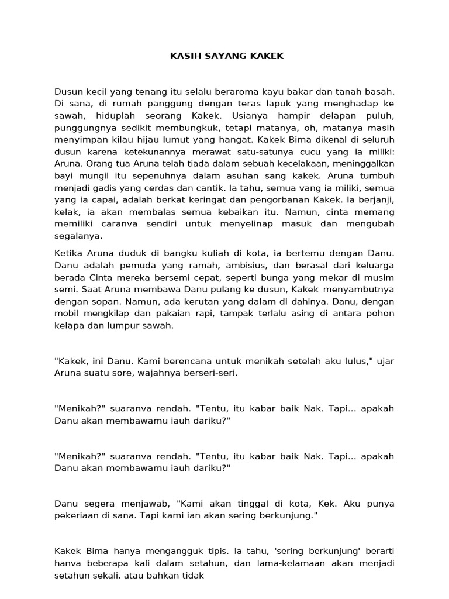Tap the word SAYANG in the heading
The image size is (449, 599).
click(216, 57)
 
